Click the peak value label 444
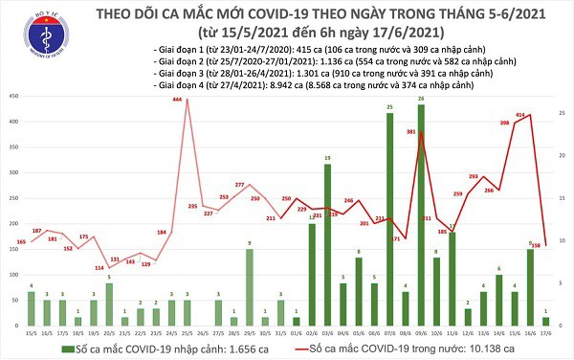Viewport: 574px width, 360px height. [178, 101]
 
